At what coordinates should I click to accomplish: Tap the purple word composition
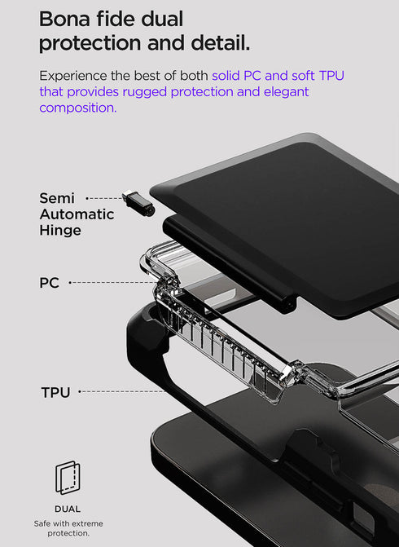(x=77, y=108)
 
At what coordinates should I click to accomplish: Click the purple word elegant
(x=285, y=91)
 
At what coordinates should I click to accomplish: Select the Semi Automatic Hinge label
(x=76, y=214)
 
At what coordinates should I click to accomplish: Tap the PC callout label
(x=49, y=284)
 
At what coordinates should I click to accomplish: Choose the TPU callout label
(x=55, y=393)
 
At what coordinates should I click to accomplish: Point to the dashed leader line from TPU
(x=122, y=392)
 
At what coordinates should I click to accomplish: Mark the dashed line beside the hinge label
(x=103, y=198)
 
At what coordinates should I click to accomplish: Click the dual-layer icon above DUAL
(x=68, y=478)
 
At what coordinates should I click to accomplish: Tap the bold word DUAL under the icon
(x=68, y=509)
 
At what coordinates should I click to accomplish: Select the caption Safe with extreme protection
(x=68, y=528)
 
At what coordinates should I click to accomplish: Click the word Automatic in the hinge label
(x=77, y=214)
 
